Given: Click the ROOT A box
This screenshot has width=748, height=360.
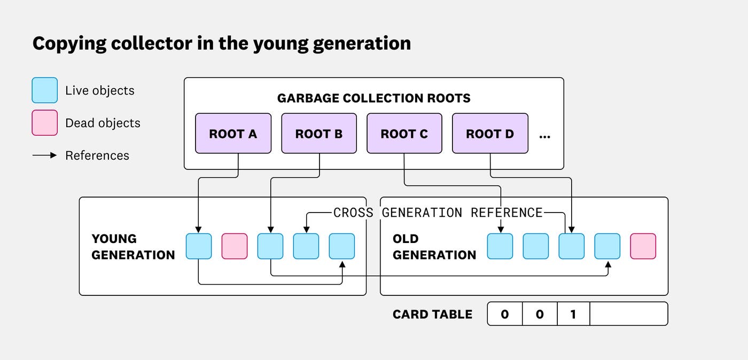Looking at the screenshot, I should pos(233,134).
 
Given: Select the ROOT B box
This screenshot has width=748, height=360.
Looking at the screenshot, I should pos(319,134).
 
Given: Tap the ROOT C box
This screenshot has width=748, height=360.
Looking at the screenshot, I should pos(404,134).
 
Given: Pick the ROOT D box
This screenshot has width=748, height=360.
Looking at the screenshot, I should pos(490,134).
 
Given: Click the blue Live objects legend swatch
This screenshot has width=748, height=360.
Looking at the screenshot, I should pos(45,90).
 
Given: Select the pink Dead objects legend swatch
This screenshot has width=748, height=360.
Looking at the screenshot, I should pos(45,123).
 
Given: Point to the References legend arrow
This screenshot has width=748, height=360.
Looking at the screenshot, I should pos(45,155).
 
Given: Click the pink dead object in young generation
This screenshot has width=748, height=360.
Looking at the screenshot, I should pos(235,246).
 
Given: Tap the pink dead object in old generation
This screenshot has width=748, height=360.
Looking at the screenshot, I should pos(643,246).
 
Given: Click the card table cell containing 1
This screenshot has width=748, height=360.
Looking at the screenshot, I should pos(573,314).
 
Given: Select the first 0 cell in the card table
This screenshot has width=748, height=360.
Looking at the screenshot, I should pos(505,314).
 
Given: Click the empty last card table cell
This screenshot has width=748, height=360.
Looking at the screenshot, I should pos(628,314).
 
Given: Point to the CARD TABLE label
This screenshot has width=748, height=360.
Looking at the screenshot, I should pos(432,314).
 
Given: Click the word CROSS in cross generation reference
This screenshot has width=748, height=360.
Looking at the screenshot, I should pos(353,213).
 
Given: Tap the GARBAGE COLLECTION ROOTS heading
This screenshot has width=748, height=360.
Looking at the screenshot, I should pos(373,98).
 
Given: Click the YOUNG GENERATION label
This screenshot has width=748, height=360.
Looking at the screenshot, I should pos(133,247).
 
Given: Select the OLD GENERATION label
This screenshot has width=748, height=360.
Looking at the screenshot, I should pos(434,247).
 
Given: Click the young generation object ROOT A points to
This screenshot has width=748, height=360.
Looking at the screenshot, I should pos(199,246).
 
